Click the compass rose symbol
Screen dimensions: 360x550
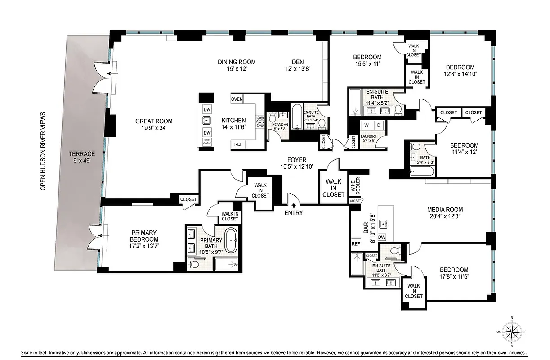512,332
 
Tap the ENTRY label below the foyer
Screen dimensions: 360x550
293,213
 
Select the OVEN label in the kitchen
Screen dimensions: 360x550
237,99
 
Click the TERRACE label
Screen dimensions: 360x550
79,157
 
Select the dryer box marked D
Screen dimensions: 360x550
379,125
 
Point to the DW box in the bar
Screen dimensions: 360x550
382,237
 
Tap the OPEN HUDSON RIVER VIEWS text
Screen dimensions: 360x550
43,151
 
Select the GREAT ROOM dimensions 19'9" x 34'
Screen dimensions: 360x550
154,128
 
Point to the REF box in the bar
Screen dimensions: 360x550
356,244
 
